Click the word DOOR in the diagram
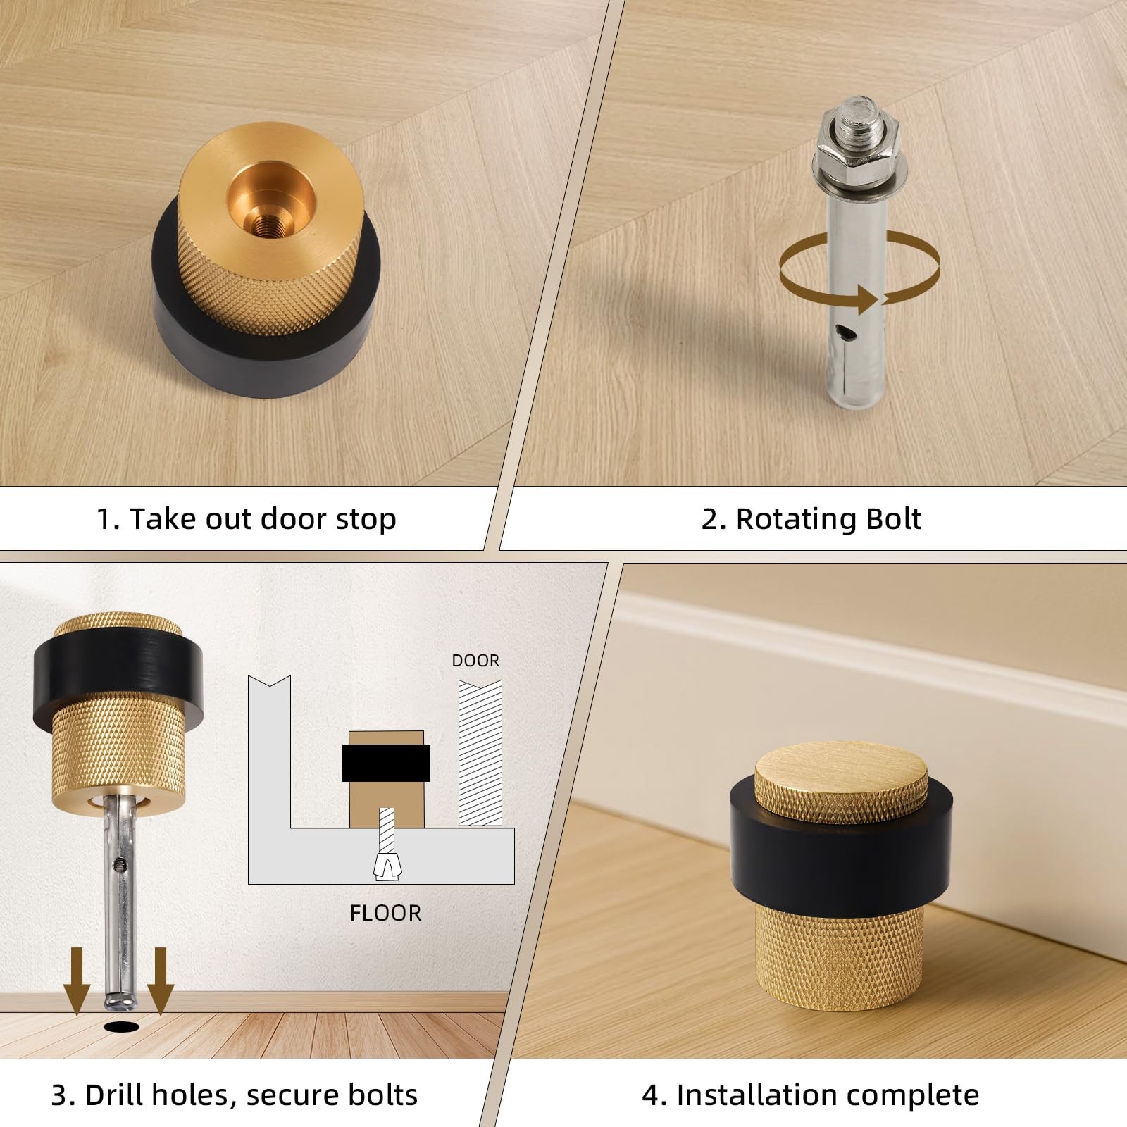click(475, 661)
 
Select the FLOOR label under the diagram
click(385, 913)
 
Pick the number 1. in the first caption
click(108, 520)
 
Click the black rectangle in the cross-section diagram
click(386, 764)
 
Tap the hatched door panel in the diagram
click(480, 752)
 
